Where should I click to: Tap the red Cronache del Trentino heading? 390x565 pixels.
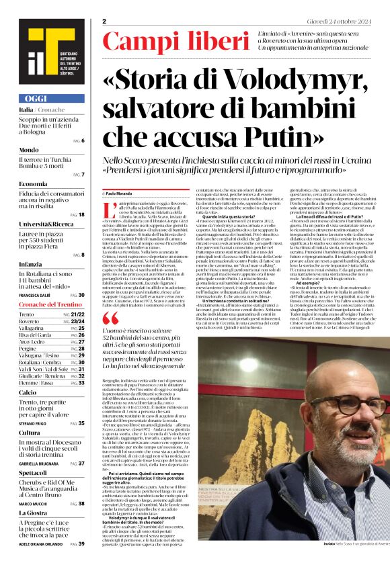coord(51,304)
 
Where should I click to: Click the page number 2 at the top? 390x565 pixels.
coord(104,21)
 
